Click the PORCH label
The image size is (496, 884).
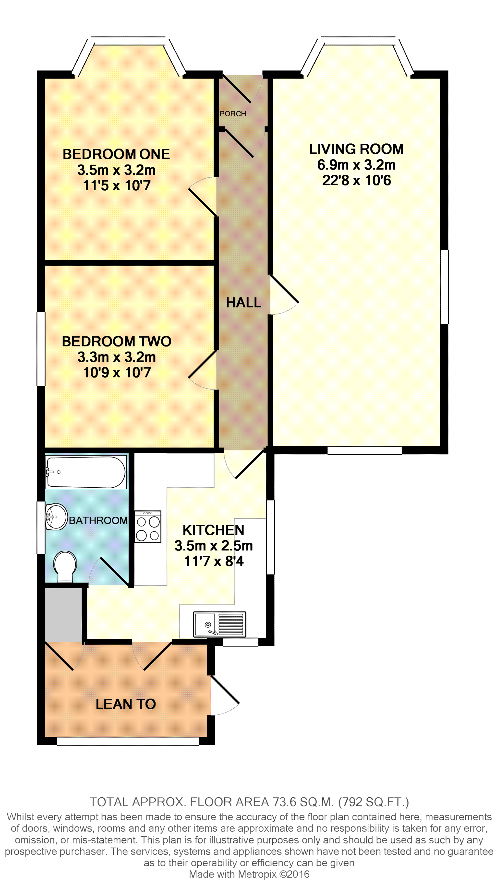(x=233, y=114)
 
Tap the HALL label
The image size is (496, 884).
(x=243, y=303)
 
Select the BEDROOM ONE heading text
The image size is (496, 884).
(x=116, y=154)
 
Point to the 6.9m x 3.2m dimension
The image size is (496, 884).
(x=356, y=165)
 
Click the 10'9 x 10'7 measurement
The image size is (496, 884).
(x=117, y=373)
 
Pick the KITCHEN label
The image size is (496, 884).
(x=213, y=530)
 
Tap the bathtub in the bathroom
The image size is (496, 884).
(x=86, y=472)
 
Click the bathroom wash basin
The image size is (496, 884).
(x=56, y=517)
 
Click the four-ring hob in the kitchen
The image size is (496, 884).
(x=148, y=527)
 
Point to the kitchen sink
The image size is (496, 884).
(x=219, y=624)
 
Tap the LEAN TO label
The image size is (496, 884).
(x=126, y=704)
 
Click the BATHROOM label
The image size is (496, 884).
(x=98, y=521)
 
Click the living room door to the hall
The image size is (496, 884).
(x=284, y=294)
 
